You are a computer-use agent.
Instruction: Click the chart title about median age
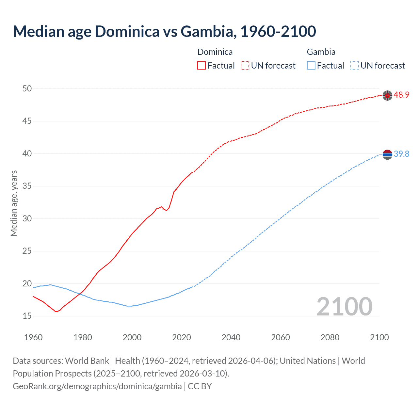coord(164,31)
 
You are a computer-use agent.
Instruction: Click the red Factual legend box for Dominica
coord(201,66)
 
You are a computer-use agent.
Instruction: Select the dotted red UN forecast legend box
coord(245,66)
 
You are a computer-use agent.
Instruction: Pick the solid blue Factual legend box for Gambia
coord(311,66)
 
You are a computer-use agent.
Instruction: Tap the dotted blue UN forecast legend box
coord(354,66)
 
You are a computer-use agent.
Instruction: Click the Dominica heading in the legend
coord(215,52)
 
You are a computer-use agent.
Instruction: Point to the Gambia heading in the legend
coord(321,52)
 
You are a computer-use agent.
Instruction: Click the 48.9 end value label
coord(401,95)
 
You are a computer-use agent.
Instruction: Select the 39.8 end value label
coord(401,154)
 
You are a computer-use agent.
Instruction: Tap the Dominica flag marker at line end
coord(387,95)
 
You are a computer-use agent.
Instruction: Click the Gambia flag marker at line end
coord(387,154)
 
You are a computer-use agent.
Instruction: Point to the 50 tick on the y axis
coord(27,88)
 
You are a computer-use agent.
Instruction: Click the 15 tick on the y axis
coord(27,316)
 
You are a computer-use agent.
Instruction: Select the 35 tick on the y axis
coord(27,186)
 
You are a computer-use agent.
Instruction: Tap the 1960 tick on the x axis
coord(33,337)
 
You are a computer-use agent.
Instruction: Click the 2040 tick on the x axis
coord(231,337)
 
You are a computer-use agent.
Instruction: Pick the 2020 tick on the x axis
coord(182,337)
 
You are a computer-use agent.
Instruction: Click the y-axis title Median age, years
coord(14,203)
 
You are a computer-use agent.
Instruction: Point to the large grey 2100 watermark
coord(344,306)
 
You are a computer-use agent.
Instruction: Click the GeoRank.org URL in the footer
coord(97,386)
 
